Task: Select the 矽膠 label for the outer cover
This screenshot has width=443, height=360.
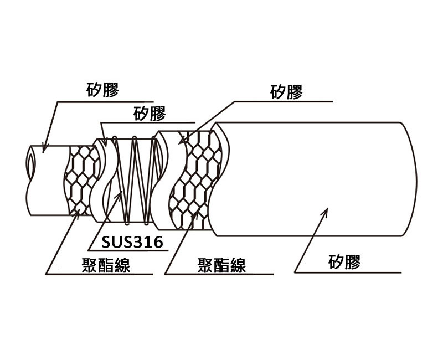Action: coord(344,261)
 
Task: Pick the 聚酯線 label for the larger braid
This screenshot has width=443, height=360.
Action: coord(221,266)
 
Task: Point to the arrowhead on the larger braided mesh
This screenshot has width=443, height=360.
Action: coord(195,216)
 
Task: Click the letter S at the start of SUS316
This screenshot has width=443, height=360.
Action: coord(106,242)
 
